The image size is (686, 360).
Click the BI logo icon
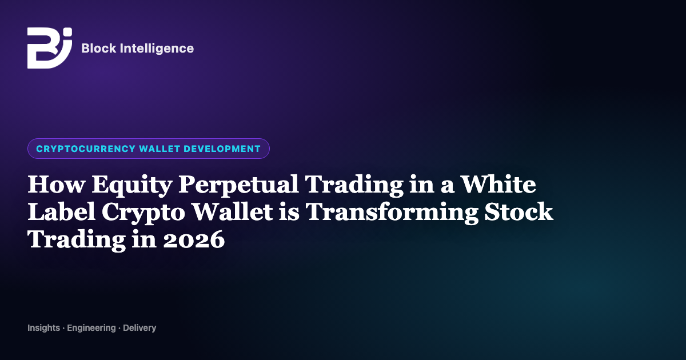pyautogui.click(x=50, y=48)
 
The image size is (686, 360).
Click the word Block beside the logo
pyautogui.click(x=98, y=49)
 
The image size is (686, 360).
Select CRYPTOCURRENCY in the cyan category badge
pyautogui.click(x=86, y=149)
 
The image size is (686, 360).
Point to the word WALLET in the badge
pyautogui.click(x=159, y=149)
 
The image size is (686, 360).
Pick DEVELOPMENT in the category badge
pyautogui.click(x=222, y=149)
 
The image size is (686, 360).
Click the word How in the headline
pyautogui.click(x=56, y=184)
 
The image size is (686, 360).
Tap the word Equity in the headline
pyautogui.click(x=131, y=186)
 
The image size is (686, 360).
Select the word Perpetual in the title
pyautogui.click(x=238, y=186)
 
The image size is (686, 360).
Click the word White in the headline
pyautogui.click(x=498, y=184)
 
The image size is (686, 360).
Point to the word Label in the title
pyautogui.click(x=61, y=211)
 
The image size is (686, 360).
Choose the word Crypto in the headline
pyautogui.click(x=143, y=213)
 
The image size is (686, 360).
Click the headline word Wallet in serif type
pyautogui.click(x=232, y=211)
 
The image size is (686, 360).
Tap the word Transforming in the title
pyautogui.click(x=392, y=213)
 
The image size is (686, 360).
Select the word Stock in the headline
pyautogui.click(x=519, y=211)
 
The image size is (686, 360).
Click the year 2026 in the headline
pyautogui.click(x=194, y=239)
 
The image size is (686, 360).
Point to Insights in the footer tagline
pyautogui.click(x=44, y=328)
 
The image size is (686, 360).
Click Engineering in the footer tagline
pyautogui.click(x=91, y=328)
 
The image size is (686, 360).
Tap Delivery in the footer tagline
pyautogui.click(x=139, y=328)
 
